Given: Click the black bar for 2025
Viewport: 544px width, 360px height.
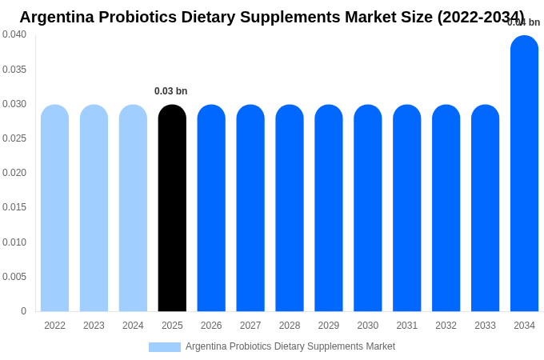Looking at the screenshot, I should tap(172, 208).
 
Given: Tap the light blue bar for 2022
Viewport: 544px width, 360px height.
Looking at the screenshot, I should tap(54, 208).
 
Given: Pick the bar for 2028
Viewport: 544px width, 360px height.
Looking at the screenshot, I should tap(290, 208).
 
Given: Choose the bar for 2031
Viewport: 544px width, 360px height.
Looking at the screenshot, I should tap(406, 208).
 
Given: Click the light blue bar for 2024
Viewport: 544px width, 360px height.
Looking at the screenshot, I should tap(133, 208).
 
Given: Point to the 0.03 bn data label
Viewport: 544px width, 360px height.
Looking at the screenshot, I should tap(170, 91).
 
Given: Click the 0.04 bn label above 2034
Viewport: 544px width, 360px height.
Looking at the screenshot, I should tap(524, 22).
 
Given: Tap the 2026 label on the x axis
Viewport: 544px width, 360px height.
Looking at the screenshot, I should tap(211, 326).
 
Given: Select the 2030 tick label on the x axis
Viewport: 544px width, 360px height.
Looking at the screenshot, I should tap(368, 326).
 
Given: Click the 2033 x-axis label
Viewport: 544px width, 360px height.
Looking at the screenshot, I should tap(485, 326).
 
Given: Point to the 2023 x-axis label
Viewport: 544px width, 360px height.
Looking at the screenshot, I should tap(94, 326).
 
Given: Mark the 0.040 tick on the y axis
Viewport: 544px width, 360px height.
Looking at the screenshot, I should tap(14, 34).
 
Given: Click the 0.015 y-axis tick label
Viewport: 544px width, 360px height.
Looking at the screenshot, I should tap(14, 207).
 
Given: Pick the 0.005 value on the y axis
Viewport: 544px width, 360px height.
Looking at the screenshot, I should tap(14, 277).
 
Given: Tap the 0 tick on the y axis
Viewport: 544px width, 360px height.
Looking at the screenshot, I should tap(23, 311).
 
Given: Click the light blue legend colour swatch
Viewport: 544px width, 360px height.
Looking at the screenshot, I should tap(164, 347).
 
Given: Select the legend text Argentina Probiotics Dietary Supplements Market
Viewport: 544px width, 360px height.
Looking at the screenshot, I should tap(290, 346).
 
